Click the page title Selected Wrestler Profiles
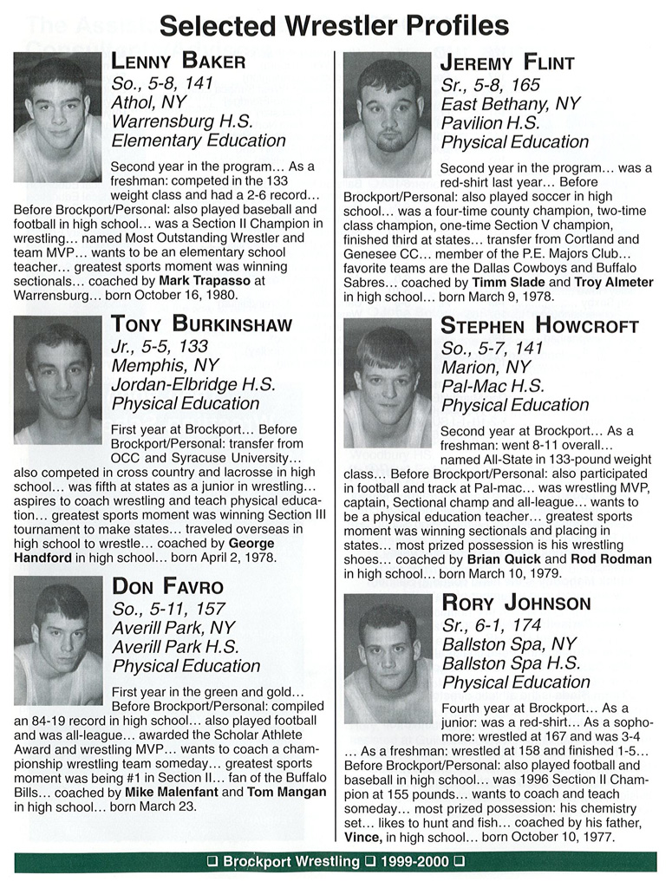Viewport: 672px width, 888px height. (x=335, y=25)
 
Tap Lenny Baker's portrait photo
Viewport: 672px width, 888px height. (x=57, y=117)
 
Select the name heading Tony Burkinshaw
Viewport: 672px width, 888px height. (x=202, y=324)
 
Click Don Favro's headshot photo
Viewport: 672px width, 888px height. (x=57, y=640)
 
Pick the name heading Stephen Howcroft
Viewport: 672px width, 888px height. (x=539, y=326)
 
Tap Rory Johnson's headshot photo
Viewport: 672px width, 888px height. (x=388, y=658)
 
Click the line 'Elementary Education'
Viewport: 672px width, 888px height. (x=199, y=140)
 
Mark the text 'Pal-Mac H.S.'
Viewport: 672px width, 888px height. (x=493, y=386)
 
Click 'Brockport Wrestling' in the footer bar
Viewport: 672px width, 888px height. (x=290, y=862)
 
